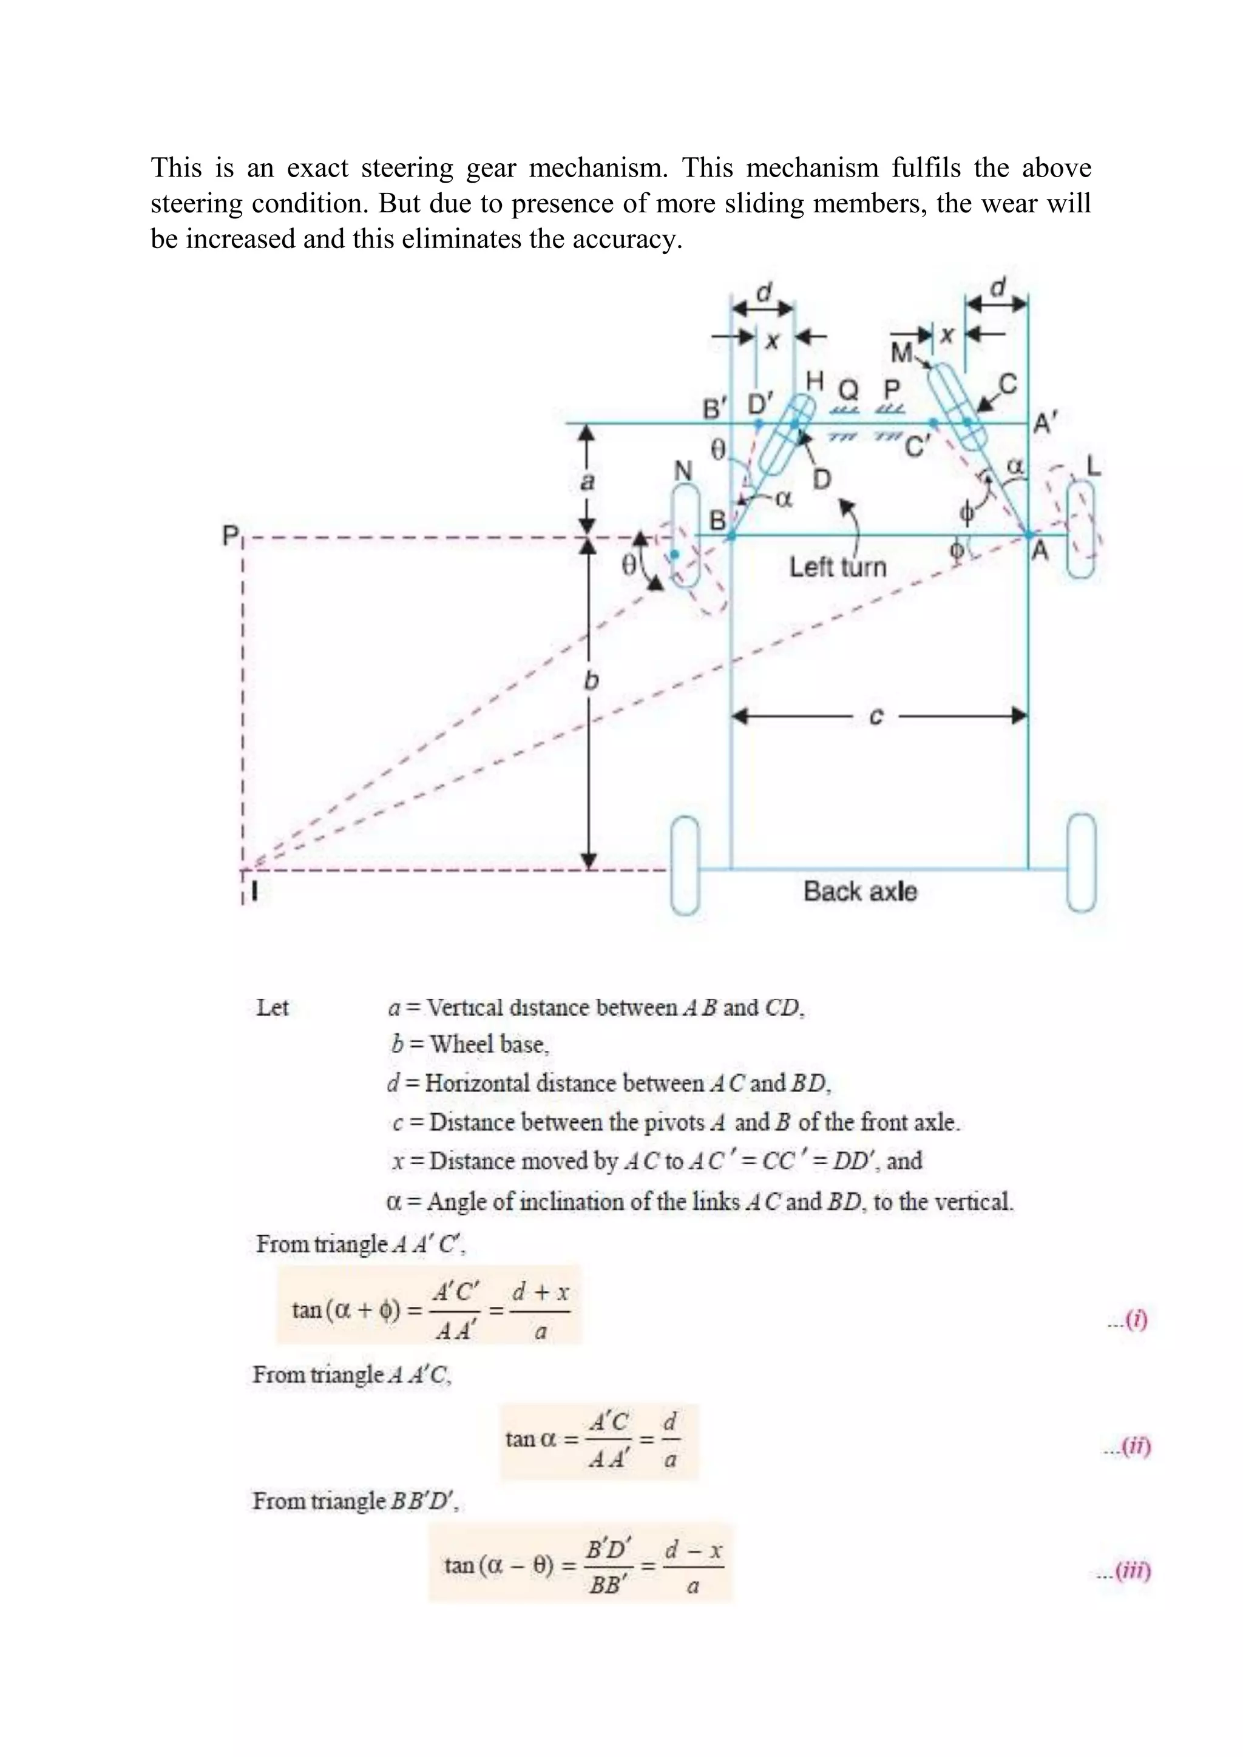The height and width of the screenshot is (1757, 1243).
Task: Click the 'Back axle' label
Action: [859, 891]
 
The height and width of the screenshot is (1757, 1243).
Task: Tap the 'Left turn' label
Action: [838, 567]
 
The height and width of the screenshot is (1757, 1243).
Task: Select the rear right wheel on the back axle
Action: [1081, 863]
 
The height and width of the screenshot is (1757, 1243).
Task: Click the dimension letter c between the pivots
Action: [876, 717]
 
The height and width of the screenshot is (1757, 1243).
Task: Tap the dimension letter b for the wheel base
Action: [591, 681]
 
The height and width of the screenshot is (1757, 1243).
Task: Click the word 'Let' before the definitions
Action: [273, 1008]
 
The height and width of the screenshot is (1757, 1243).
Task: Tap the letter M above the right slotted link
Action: [902, 352]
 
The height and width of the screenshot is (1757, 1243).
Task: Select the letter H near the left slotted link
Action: [815, 380]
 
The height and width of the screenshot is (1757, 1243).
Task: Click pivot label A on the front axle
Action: [1040, 551]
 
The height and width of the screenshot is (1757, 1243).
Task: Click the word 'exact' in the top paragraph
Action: [317, 167]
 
